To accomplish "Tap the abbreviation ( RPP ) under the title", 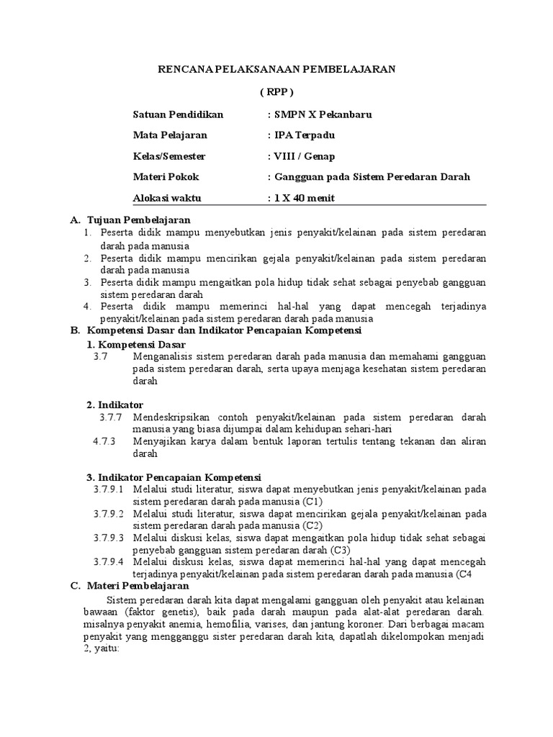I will pos(276,92).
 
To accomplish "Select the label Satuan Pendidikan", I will pos(179,114).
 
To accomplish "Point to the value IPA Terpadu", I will pos(300,135).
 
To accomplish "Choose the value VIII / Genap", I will pos(300,155).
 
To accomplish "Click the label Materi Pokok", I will pos(166,176).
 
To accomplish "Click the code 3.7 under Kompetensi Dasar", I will pos(100,356).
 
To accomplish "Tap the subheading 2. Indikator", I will pos(115,404).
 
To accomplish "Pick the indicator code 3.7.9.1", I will pos(109,489).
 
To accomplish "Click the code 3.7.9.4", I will pos(109,562).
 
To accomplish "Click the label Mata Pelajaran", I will pos(170,135).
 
